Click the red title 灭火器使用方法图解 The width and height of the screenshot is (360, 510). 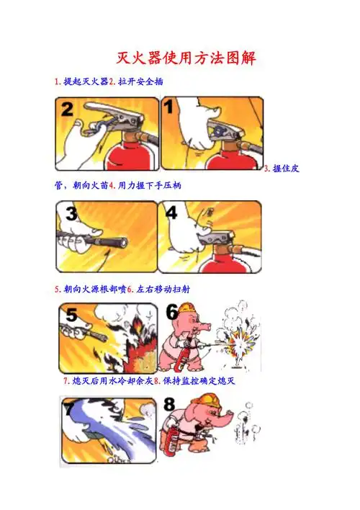[186, 57]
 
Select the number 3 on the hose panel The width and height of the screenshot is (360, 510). [71, 213]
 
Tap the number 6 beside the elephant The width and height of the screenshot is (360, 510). [171, 312]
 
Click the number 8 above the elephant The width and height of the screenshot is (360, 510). [170, 406]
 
